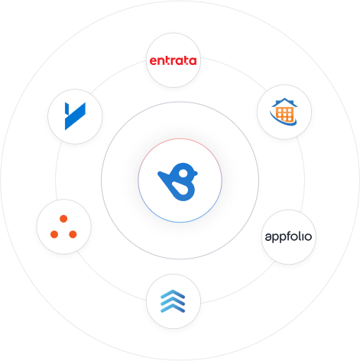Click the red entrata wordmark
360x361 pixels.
point(173,60)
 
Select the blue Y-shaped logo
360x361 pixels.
point(75,116)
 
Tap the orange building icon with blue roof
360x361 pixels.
point(284,112)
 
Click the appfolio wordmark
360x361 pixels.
point(288,237)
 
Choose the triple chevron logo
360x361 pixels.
point(173,301)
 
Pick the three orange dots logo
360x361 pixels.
point(63,226)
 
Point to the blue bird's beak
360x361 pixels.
point(196,173)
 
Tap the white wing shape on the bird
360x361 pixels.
point(180,188)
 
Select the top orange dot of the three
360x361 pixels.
point(63,219)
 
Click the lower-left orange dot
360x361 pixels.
point(54,234)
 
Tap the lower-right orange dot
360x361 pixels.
point(73,234)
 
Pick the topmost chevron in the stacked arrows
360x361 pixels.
point(173,294)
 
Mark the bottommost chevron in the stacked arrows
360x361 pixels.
point(173,308)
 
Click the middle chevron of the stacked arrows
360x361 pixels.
point(173,301)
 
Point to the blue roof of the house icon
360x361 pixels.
point(284,102)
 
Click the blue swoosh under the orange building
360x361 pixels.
point(284,122)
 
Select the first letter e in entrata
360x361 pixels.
point(154,61)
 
